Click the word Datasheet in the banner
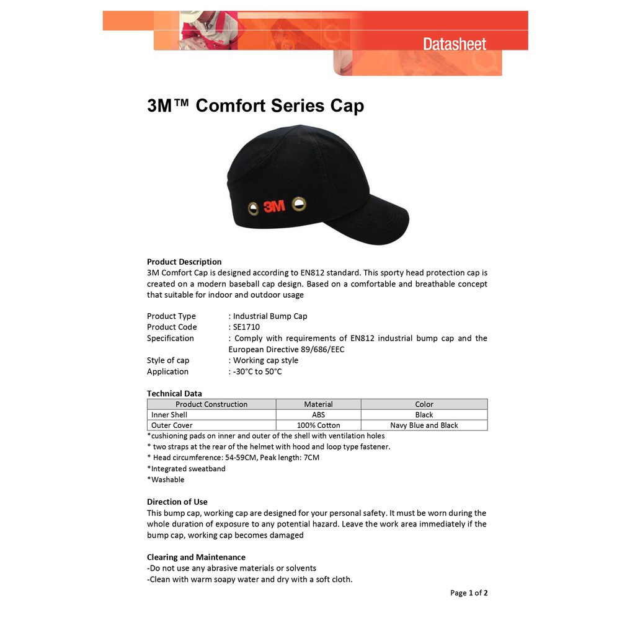(x=455, y=43)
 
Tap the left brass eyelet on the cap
(x=253, y=208)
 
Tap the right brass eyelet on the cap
(x=300, y=203)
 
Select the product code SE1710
(x=246, y=327)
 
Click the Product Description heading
(x=184, y=262)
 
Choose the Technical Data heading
(x=174, y=393)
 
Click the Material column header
(x=318, y=404)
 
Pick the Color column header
(x=424, y=404)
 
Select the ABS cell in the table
(x=318, y=415)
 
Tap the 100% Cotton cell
(x=318, y=425)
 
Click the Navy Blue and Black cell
(x=424, y=425)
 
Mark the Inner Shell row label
(x=169, y=415)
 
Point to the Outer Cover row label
(x=172, y=425)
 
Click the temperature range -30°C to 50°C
(x=257, y=371)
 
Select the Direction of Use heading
(x=177, y=502)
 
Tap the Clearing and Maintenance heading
(x=196, y=557)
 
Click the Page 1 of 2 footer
(x=469, y=593)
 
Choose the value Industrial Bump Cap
(x=270, y=316)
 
